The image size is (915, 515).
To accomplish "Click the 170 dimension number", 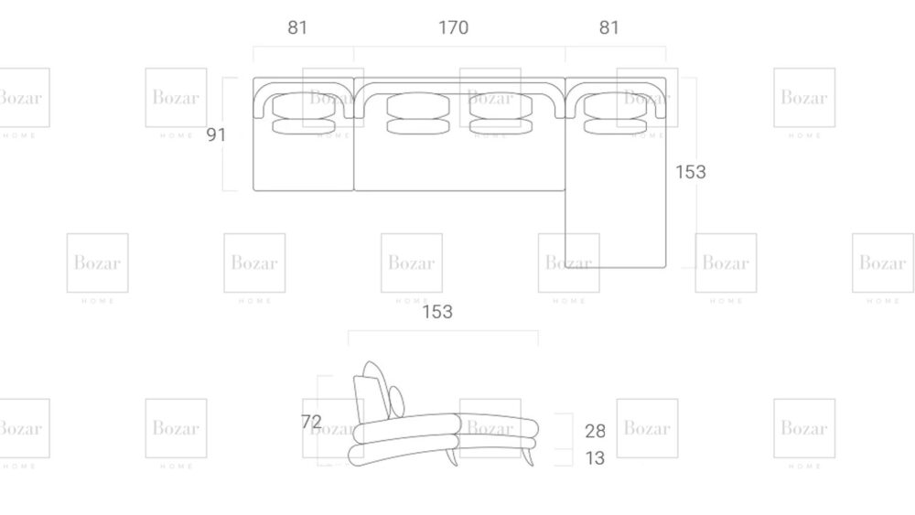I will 453,27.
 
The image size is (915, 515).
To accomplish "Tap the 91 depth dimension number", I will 216,134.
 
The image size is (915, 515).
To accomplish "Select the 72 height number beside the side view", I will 311,422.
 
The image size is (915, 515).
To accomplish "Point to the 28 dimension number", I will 595,431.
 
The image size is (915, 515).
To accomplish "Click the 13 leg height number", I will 595,458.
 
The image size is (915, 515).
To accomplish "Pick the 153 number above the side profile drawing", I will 436,312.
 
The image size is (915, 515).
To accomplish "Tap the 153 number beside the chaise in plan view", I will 690,172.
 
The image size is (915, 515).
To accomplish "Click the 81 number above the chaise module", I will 609,27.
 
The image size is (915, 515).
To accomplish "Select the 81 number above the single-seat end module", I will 298,27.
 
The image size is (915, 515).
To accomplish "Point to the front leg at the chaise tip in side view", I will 527,454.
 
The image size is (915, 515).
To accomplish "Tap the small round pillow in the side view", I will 396,400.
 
